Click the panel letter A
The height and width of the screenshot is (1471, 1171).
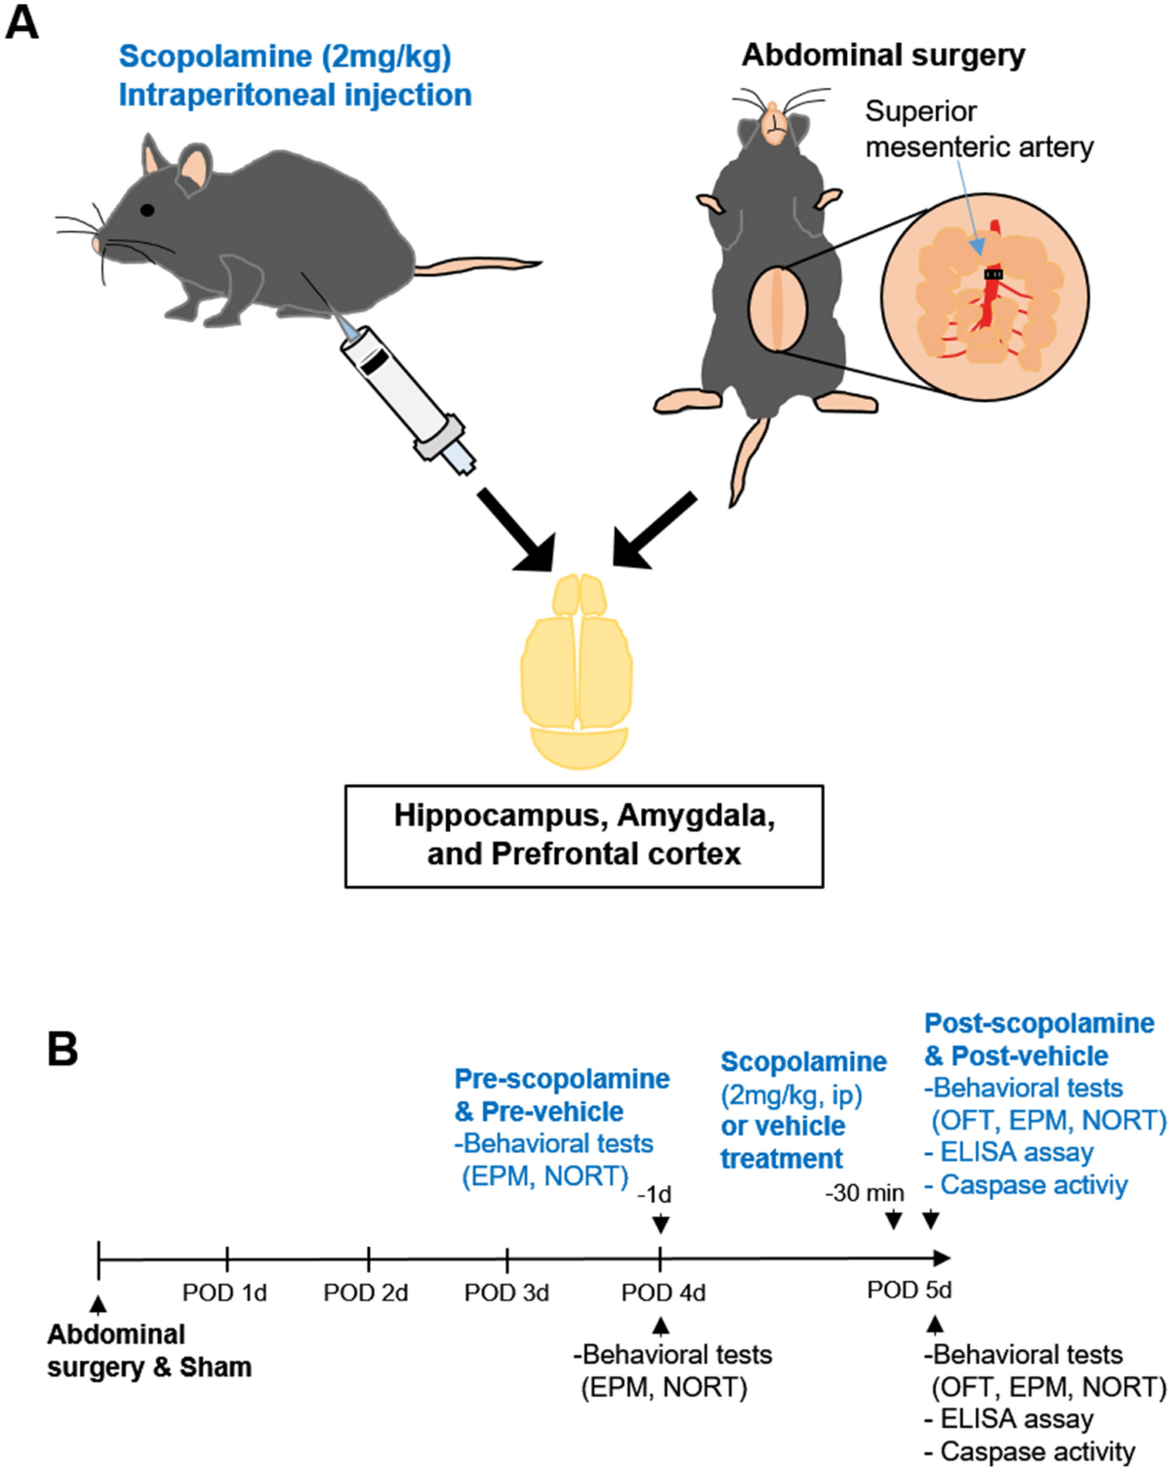pyautogui.click(x=21, y=25)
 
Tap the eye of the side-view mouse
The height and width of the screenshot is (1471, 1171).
pyautogui.click(x=147, y=210)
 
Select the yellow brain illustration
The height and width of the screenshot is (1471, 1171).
pyautogui.click(x=577, y=671)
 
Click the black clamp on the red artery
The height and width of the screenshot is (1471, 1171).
pyautogui.click(x=993, y=274)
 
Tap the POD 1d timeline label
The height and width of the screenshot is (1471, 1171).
pyautogui.click(x=224, y=1292)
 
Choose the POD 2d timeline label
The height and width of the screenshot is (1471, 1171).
pyautogui.click(x=365, y=1292)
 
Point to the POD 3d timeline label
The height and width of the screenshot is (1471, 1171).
pyautogui.click(x=506, y=1292)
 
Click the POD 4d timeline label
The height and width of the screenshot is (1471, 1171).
pyautogui.click(x=663, y=1292)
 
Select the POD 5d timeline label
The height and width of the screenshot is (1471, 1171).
pyautogui.click(x=909, y=1290)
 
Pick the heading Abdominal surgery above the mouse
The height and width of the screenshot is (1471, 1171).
pyautogui.click(x=883, y=56)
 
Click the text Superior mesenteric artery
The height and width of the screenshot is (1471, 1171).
pyautogui.click(x=979, y=129)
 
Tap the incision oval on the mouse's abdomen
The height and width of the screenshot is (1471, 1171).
pyautogui.click(x=778, y=309)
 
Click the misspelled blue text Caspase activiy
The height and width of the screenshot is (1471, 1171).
pyautogui.click(x=1026, y=1184)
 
